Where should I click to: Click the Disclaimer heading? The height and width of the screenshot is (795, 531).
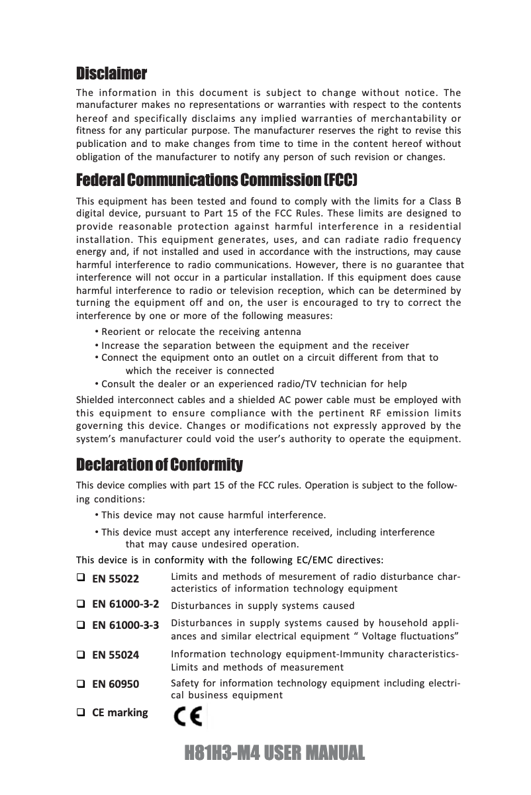coord(111,72)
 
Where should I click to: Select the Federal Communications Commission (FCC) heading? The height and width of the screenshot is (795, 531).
coord(217,180)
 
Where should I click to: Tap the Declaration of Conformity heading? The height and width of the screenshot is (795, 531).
coord(160,464)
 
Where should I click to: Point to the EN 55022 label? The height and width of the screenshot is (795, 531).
coord(115,579)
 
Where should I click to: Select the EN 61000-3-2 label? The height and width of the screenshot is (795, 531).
coord(125,604)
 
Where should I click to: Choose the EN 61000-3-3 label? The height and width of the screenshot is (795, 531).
coord(125,624)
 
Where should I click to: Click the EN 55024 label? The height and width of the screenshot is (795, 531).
coord(115,655)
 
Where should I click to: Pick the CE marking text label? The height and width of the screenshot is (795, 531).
coord(120,713)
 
